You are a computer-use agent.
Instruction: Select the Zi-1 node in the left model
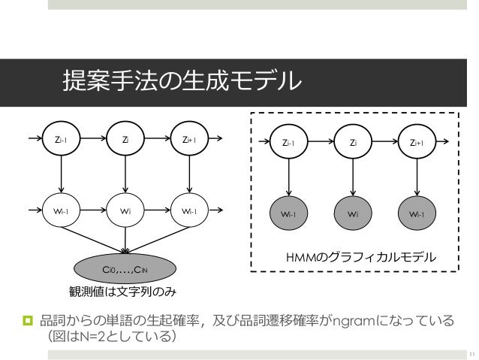click(x=62, y=139)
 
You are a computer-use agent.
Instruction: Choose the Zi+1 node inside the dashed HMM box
click(x=417, y=141)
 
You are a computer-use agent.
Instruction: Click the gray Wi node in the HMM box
click(x=354, y=213)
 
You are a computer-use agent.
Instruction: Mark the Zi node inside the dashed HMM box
click(x=354, y=141)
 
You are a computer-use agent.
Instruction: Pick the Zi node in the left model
click(x=125, y=139)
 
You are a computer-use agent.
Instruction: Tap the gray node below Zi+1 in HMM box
click(x=417, y=213)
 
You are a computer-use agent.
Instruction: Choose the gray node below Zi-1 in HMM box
click(x=289, y=213)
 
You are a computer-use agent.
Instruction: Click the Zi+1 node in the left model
click(x=188, y=139)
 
